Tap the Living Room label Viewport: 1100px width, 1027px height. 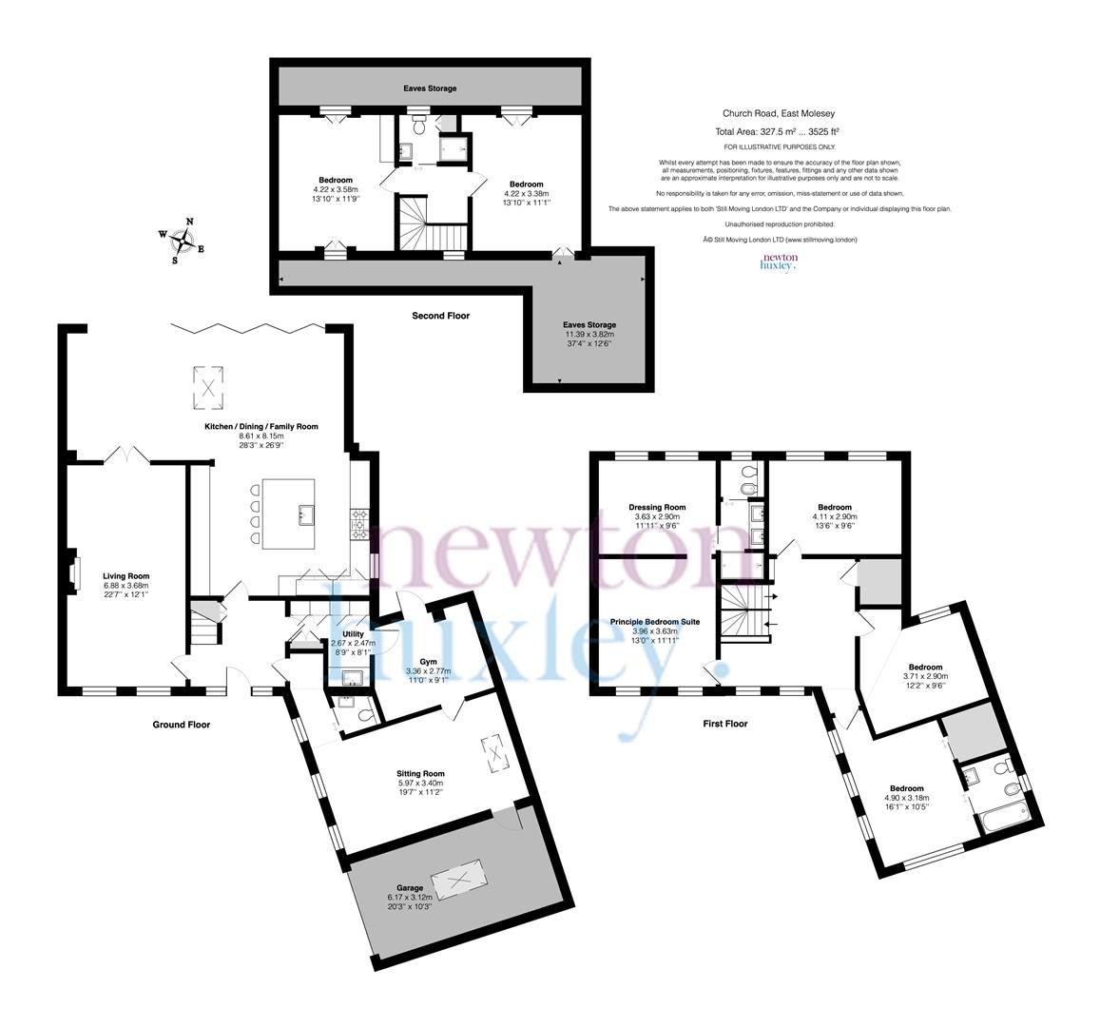click(x=125, y=575)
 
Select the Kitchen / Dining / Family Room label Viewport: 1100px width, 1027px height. click(x=261, y=427)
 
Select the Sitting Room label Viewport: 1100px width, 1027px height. click(x=420, y=773)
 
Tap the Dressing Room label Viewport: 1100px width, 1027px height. click(x=657, y=507)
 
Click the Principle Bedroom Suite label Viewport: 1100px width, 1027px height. click(x=654, y=621)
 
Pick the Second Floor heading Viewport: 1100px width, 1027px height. click(x=440, y=316)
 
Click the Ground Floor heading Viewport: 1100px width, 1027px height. click(x=182, y=725)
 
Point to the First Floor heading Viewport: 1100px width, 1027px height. click(x=724, y=724)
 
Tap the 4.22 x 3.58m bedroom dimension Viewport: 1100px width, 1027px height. click(x=335, y=190)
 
